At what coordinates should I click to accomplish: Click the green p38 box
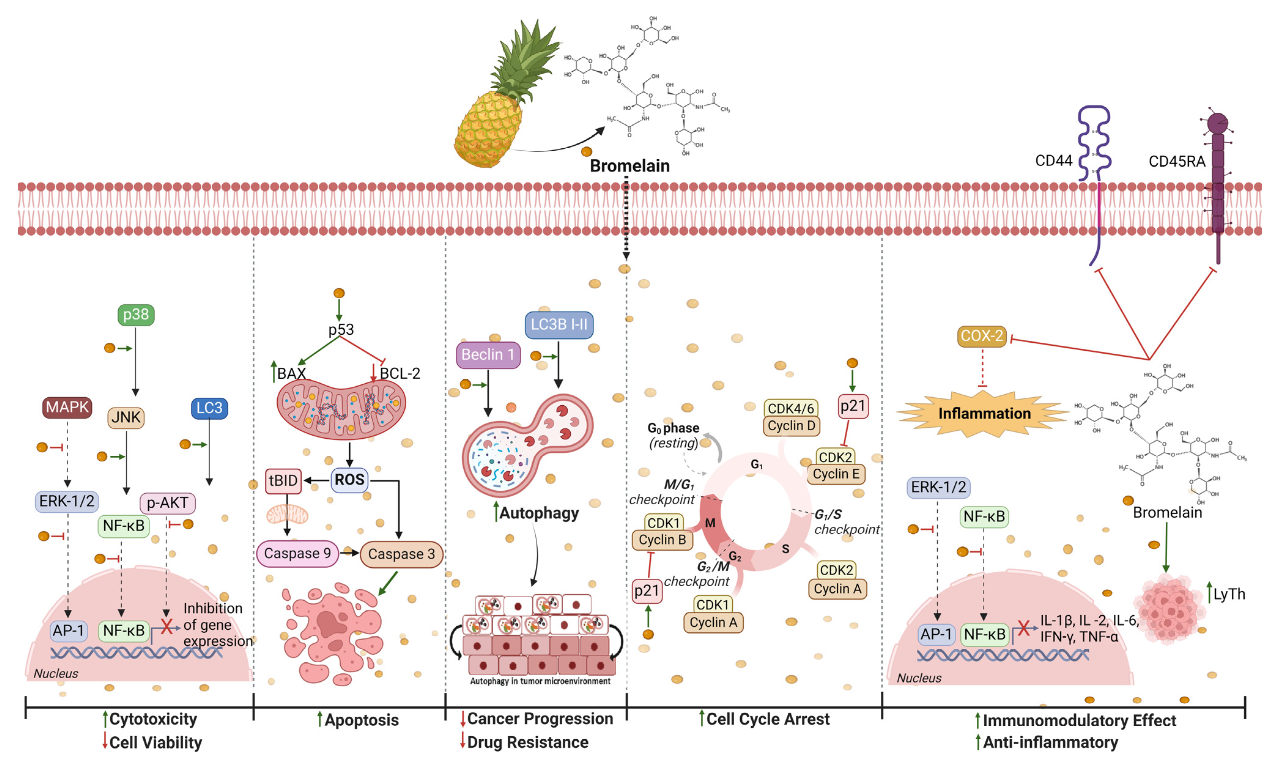(x=136, y=314)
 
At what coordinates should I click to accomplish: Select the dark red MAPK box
(x=67, y=407)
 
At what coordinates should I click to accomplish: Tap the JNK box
(x=126, y=417)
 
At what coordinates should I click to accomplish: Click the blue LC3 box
(x=209, y=408)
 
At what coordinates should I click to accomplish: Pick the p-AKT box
(x=167, y=503)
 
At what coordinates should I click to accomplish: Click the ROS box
(x=350, y=480)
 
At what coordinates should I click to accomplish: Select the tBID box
(x=283, y=481)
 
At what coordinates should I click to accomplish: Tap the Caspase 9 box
(x=298, y=553)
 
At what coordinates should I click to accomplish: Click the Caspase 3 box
(x=401, y=554)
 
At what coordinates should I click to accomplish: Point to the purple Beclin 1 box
(x=488, y=355)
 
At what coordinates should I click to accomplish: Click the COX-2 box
(x=982, y=336)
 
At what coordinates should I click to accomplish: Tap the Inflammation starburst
(x=984, y=414)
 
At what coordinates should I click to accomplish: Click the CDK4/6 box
(x=790, y=408)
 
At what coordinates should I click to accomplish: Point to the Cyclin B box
(x=662, y=540)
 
